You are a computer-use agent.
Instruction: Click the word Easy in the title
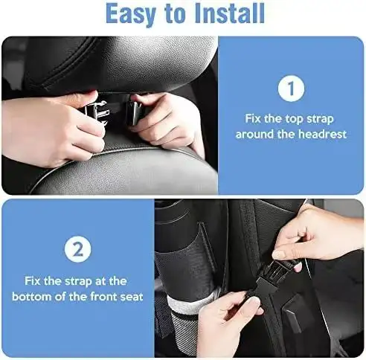tap(130, 14)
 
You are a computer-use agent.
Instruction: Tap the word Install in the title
tap(230, 13)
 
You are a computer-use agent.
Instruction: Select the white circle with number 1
tap(291, 89)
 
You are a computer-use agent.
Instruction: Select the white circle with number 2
tap(78, 249)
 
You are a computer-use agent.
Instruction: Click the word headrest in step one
tap(322, 134)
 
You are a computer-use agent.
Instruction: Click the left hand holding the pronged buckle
tap(52, 128)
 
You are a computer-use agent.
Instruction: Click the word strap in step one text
tap(320, 119)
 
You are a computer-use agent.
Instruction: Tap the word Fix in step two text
tap(33, 281)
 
